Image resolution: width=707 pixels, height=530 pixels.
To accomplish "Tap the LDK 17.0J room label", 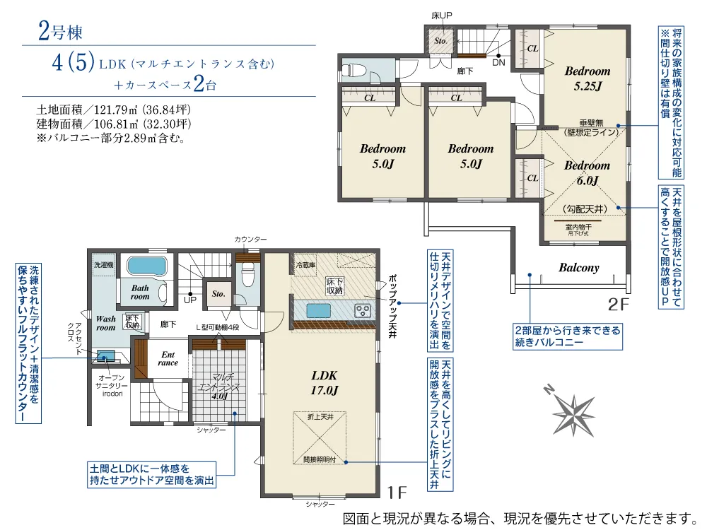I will point(324,382).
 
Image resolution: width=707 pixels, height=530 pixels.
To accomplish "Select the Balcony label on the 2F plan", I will point(579,268).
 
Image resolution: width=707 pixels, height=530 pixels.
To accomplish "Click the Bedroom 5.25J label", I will point(587,78).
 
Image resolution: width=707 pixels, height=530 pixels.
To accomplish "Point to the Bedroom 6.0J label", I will point(587,173).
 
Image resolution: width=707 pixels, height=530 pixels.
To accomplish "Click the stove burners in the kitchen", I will point(364,310).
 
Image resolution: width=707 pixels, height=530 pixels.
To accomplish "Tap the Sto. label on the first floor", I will point(218,293).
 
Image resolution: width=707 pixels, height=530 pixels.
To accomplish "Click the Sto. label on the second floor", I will point(440,41).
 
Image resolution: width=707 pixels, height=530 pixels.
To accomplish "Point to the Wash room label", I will point(106,323).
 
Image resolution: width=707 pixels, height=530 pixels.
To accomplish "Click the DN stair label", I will point(498,62).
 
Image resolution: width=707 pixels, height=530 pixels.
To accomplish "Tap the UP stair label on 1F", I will point(190,300).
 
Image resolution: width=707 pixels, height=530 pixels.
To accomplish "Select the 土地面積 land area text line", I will point(114,110).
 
